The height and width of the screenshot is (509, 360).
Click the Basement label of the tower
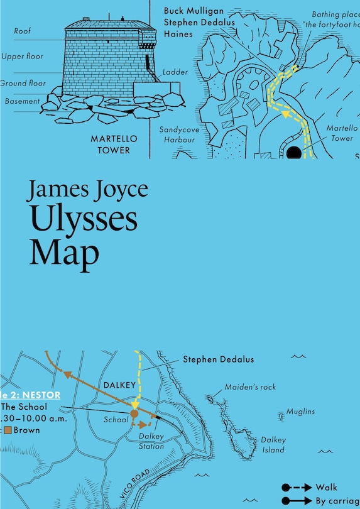coord(23,101)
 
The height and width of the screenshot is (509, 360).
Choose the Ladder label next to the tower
coord(175,72)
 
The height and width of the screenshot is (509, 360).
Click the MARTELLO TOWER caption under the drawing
coord(110,144)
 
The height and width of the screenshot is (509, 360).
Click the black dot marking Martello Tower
coord(293,153)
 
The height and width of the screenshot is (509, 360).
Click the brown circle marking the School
coord(134,415)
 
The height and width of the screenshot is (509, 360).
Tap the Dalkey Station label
coord(151,442)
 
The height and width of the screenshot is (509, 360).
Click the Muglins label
coord(300,412)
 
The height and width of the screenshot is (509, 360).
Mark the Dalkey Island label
coord(273,445)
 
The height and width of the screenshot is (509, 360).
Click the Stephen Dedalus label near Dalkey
coord(218,360)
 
